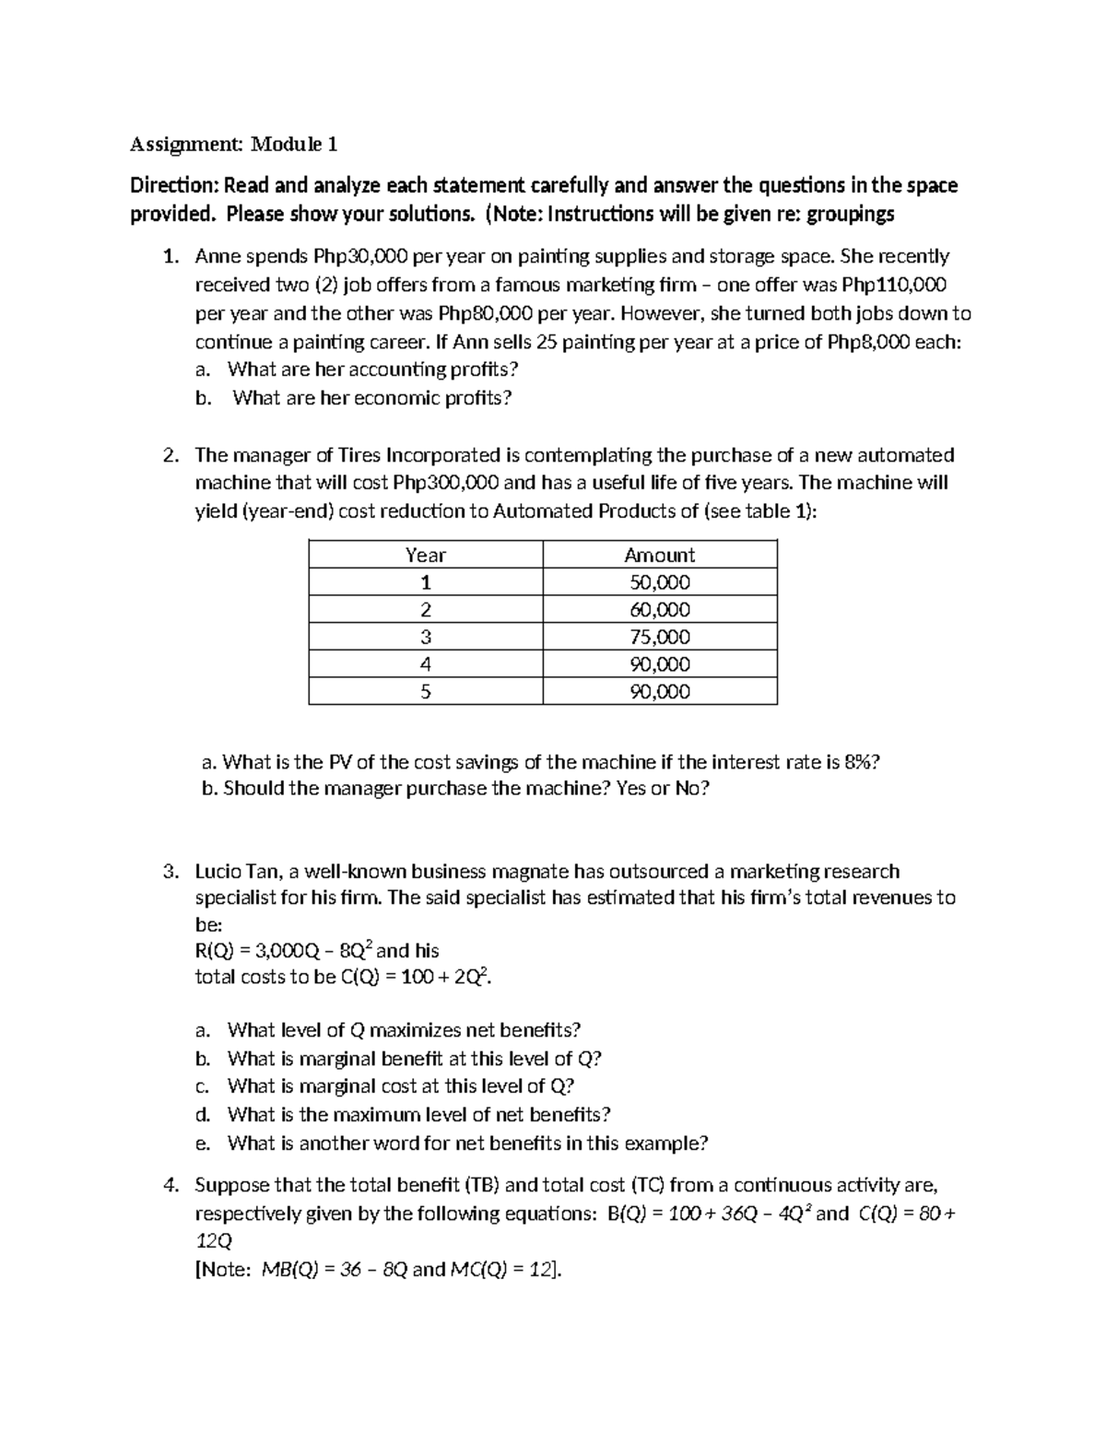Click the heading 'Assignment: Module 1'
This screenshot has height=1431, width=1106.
click(x=233, y=144)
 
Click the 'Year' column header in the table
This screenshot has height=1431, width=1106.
click(x=425, y=555)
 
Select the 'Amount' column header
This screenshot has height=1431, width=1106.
click(x=659, y=555)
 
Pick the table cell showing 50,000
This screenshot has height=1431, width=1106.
click(x=659, y=582)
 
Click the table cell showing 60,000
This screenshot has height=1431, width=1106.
click(x=659, y=610)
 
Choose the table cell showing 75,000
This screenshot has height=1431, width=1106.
click(x=659, y=637)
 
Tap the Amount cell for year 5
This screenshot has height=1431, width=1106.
click(x=659, y=692)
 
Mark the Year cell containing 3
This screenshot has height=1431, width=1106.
click(x=425, y=637)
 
